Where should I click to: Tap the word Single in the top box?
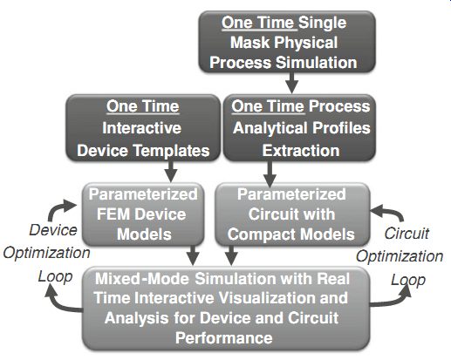pyautogui.click(x=323, y=24)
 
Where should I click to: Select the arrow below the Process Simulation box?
pyautogui.click(x=291, y=82)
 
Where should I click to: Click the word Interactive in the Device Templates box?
pyautogui.click(x=142, y=128)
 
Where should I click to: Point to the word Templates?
pyautogui.click(x=171, y=151)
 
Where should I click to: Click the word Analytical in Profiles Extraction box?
pyautogui.click(x=270, y=128)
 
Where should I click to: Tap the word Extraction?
pyautogui.click(x=301, y=151)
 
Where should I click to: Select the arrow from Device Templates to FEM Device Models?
pyautogui.click(x=171, y=172)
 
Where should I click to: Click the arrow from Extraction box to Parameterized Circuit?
pyautogui.click(x=270, y=173)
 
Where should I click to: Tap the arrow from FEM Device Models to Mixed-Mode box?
pyautogui.click(x=193, y=255)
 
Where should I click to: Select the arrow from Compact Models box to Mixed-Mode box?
pyautogui.click(x=231, y=255)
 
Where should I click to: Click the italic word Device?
pyautogui.click(x=53, y=230)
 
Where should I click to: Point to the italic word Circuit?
pyautogui.click(x=407, y=234)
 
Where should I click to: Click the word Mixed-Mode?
pyautogui.click(x=142, y=279)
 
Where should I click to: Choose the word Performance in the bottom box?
pyautogui.click(x=224, y=338)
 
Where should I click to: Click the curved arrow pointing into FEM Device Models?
pyautogui.click(x=55, y=207)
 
